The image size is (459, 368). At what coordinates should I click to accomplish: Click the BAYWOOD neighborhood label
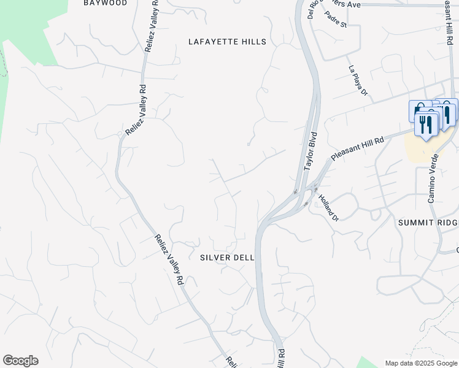tap(106, 3)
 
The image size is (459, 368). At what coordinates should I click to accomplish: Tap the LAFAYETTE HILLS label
tap(228, 42)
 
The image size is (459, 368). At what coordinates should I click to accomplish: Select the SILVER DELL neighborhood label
tap(227, 258)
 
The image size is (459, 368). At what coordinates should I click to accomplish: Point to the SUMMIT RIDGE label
tap(428, 222)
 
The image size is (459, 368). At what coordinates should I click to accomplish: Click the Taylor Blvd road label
tap(310, 150)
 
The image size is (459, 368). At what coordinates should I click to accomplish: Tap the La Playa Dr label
tap(357, 80)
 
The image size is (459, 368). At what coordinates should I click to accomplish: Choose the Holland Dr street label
tap(328, 207)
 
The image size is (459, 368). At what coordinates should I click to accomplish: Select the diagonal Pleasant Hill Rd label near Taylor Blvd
tap(357, 148)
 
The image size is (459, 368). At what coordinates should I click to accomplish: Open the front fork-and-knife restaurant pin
tap(426, 125)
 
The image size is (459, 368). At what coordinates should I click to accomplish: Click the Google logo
tap(20, 361)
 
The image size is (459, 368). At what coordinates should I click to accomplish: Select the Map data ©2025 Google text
tap(421, 363)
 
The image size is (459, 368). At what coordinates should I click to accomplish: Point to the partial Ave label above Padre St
tap(353, 4)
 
